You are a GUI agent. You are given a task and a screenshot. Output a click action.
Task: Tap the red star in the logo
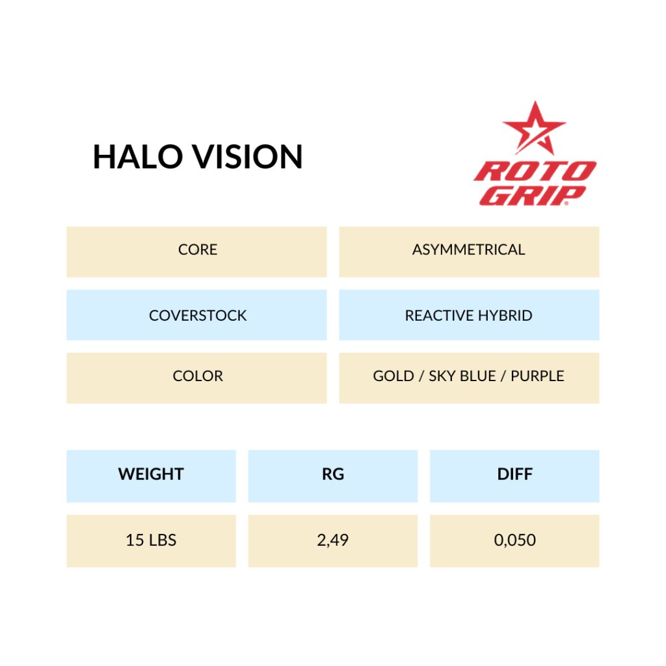(x=535, y=128)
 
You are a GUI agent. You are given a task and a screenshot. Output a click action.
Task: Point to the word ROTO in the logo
(x=535, y=172)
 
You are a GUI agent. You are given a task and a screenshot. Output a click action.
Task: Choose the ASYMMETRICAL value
(x=468, y=250)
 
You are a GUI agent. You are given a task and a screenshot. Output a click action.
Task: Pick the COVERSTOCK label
(x=198, y=315)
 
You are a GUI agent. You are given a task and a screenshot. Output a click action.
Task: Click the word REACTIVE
(x=439, y=315)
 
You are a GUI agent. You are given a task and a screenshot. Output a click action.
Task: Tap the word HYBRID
(x=505, y=315)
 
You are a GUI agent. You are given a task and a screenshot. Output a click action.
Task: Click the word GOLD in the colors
(x=393, y=377)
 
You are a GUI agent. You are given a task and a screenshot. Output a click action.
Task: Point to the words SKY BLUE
(x=462, y=377)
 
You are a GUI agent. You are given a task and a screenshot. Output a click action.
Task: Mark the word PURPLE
(x=537, y=377)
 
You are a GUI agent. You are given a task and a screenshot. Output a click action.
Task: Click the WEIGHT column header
(x=151, y=474)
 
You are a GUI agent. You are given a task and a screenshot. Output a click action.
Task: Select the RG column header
(x=333, y=474)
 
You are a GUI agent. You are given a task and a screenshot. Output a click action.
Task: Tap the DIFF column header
(x=515, y=474)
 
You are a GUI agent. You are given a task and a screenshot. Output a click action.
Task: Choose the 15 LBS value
(x=151, y=540)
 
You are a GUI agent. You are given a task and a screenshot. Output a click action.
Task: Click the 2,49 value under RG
(x=332, y=540)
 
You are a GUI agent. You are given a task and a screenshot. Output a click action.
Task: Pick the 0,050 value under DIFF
(x=515, y=540)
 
